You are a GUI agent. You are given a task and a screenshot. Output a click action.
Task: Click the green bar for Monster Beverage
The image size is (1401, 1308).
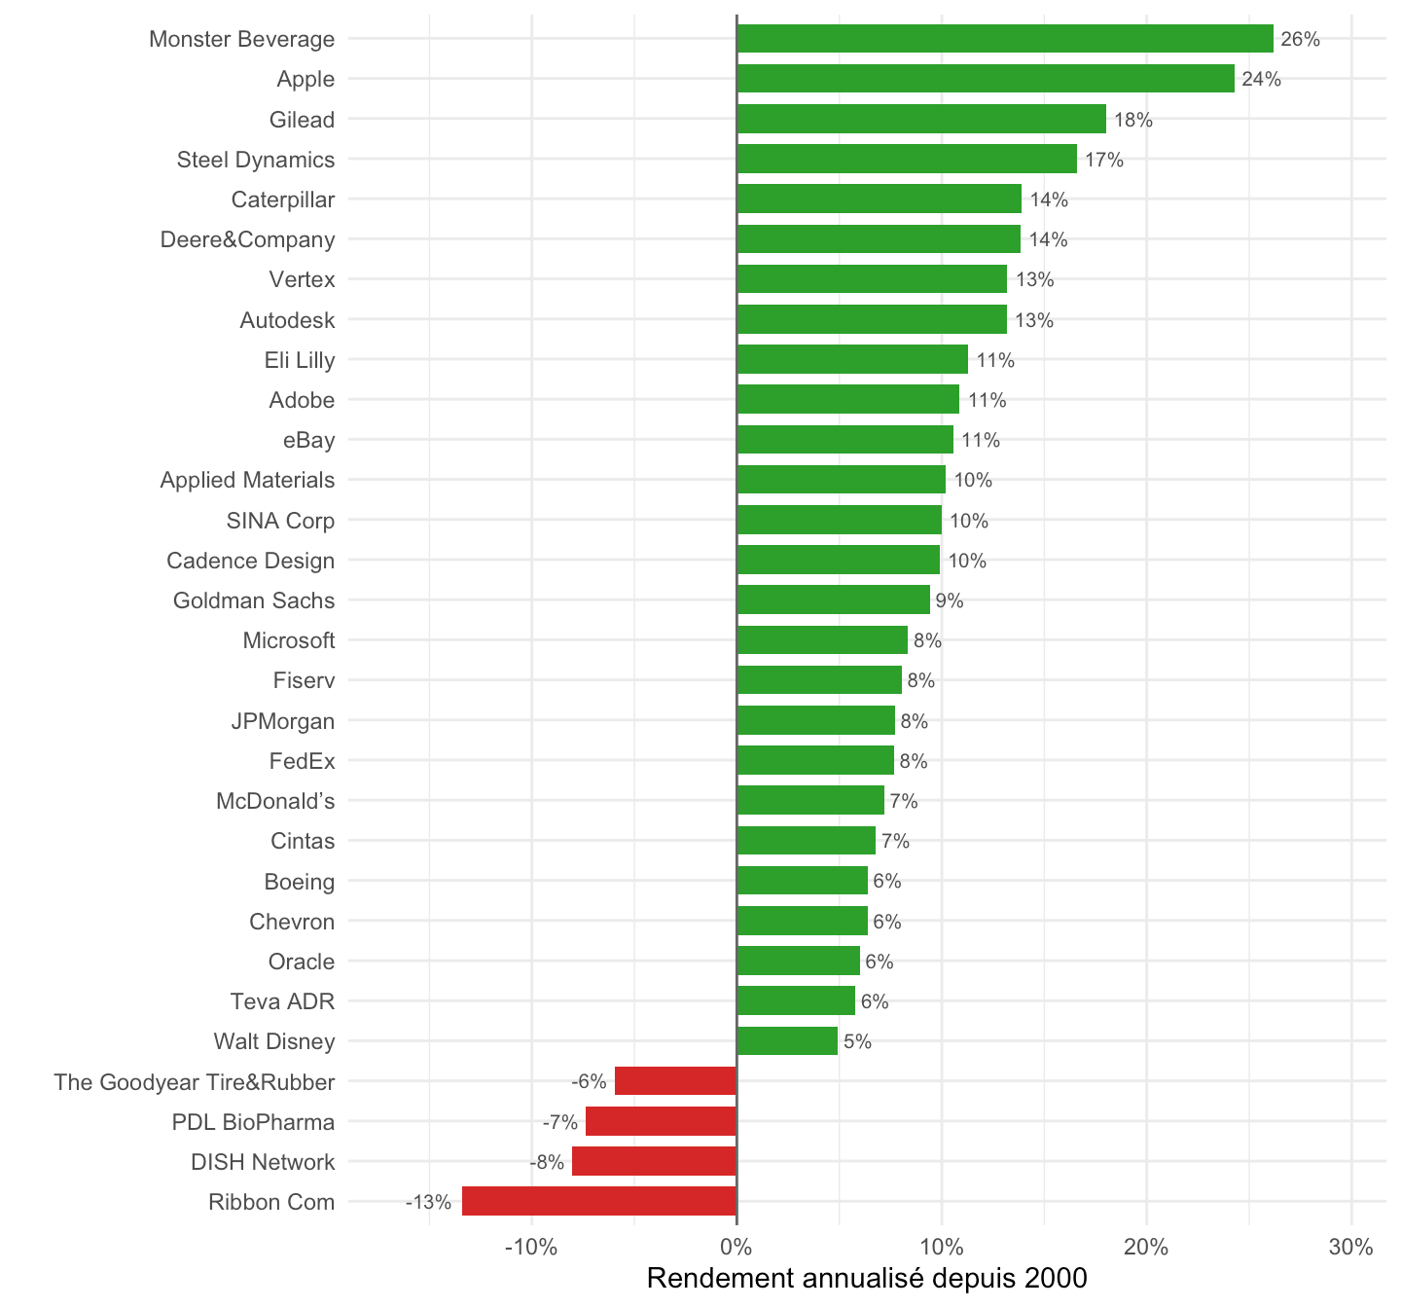pyautogui.click(x=1005, y=38)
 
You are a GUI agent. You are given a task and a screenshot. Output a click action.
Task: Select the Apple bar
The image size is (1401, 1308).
pyautogui.click(x=986, y=79)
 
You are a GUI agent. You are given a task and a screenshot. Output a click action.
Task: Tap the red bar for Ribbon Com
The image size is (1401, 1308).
pyautogui.click(x=599, y=1201)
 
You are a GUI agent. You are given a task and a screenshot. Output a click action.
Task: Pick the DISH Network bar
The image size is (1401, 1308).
pyautogui.click(x=654, y=1161)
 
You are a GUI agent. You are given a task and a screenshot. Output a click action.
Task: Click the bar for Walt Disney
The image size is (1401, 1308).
pyautogui.click(x=786, y=1040)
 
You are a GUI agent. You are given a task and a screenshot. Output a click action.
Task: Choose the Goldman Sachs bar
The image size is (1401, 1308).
pyautogui.click(x=833, y=600)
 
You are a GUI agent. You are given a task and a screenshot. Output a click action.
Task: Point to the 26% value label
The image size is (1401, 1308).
pyautogui.click(x=1300, y=39)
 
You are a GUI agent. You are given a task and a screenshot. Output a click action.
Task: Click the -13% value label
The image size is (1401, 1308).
pyautogui.click(x=428, y=1201)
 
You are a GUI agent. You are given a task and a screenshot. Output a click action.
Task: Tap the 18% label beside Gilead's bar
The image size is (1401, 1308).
pyautogui.click(x=1132, y=120)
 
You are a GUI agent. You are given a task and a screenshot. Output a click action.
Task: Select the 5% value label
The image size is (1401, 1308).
pyautogui.click(x=857, y=1041)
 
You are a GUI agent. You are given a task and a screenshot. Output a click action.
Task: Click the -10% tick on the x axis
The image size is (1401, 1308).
pyautogui.click(x=531, y=1248)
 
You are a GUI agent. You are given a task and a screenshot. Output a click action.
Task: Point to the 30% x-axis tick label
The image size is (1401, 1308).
pyautogui.click(x=1351, y=1248)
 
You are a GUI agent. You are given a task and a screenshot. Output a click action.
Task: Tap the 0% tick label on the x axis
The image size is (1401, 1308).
pyautogui.click(x=736, y=1248)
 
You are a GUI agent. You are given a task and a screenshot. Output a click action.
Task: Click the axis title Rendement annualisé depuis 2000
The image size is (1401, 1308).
pyautogui.click(x=867, y=1278)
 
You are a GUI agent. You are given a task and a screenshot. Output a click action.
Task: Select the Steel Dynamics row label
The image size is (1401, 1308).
pyautogui.click(x=255, y=160)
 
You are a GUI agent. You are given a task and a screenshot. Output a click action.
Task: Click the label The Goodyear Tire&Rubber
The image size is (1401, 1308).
pyautogui.click(x=194, y=1081)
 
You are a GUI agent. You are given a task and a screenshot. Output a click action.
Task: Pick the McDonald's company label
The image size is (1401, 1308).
pyautogui.click(x=275, y=801)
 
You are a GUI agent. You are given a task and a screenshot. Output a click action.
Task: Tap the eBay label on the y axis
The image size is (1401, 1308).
pyautogui.click(x=309, y=440)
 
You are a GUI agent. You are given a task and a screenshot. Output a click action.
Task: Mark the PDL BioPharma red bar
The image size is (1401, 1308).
pyautogui.click(x=661, y=1121)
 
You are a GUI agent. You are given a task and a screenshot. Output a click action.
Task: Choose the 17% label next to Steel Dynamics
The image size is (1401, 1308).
pyautogui.click(x=1104, y=160)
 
